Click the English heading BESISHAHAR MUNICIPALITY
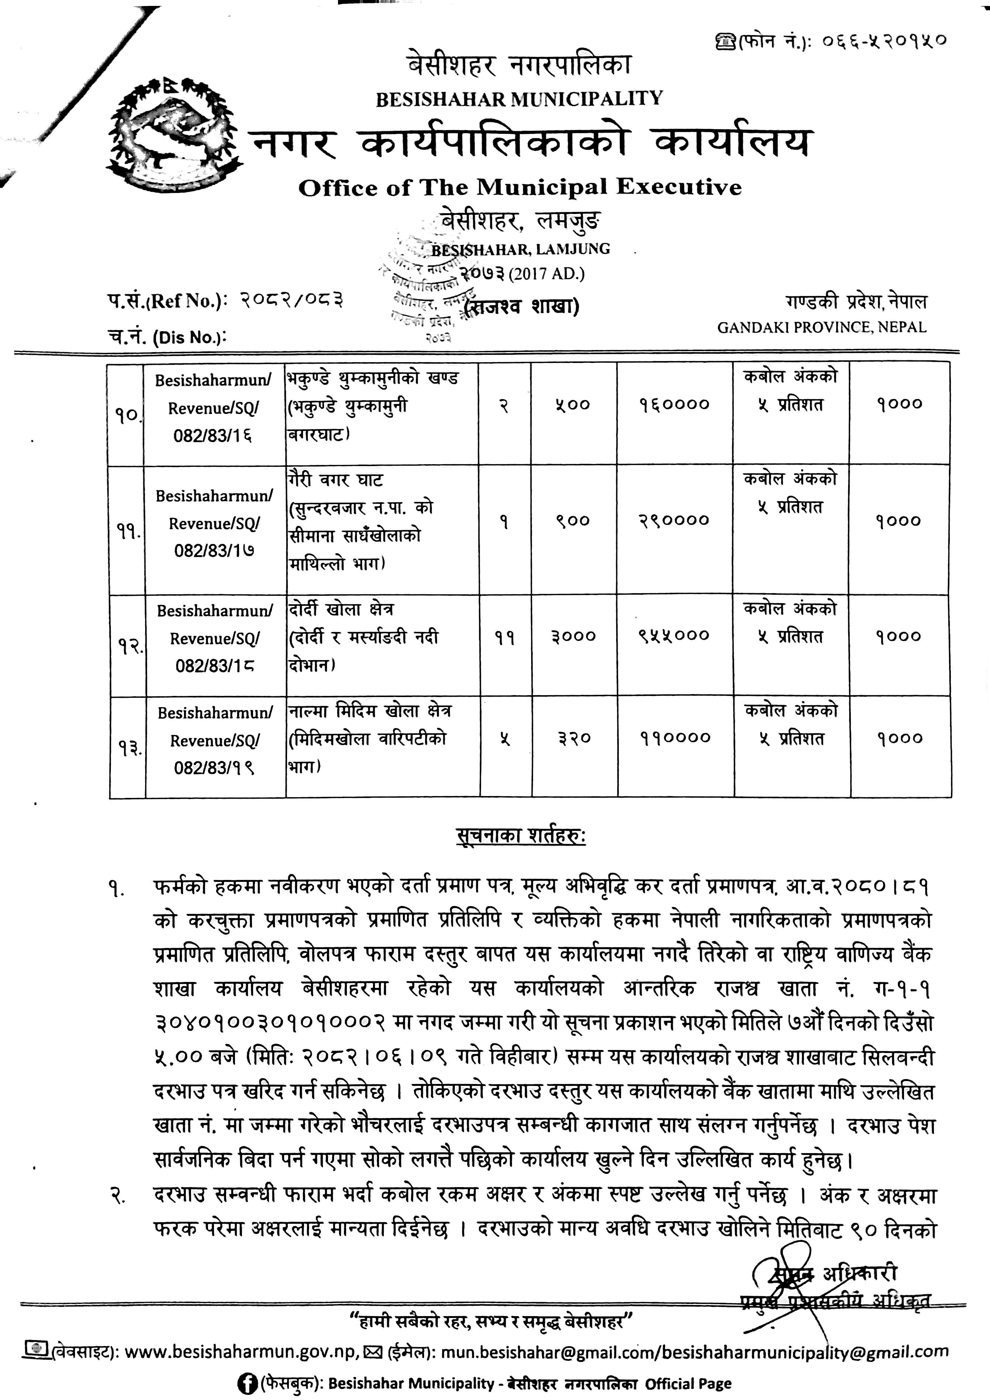click(x=519, y=99)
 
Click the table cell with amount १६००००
click(x=675, y=404)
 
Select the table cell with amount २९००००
click(x=675, y=520)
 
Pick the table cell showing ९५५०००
click(x=675, y=635)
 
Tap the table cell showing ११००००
click(x=675, y=738)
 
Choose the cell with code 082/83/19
click(x=214, y=767)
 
